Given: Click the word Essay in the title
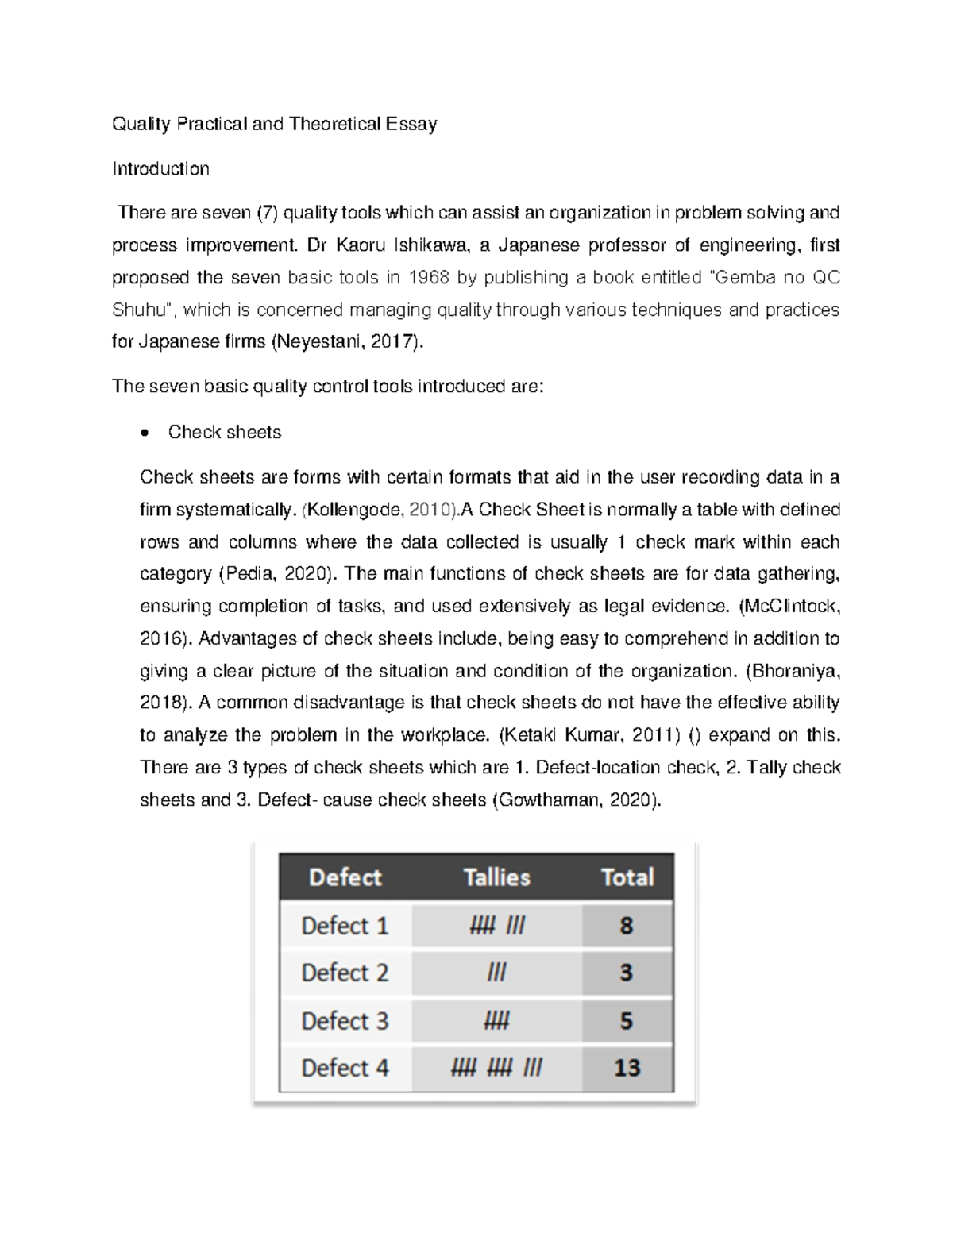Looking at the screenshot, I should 411,124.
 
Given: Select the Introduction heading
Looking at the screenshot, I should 160,168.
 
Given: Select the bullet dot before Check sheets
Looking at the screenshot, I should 144,433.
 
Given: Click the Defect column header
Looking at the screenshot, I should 345,877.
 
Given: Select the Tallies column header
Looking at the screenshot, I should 496,877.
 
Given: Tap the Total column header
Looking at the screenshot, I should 627,877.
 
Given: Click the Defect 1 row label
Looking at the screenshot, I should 345,926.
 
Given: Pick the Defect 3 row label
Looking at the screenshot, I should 345,1020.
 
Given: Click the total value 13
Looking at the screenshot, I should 627,1068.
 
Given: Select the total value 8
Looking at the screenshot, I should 627,926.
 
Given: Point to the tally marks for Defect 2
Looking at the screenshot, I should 496,973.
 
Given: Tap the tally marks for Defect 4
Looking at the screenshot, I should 496,1068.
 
